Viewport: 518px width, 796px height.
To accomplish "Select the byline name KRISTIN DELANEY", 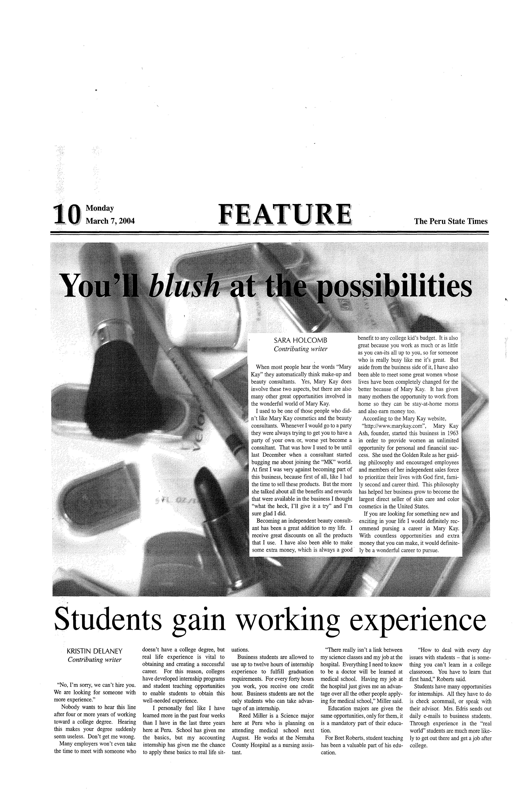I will (x=95, y=651).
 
